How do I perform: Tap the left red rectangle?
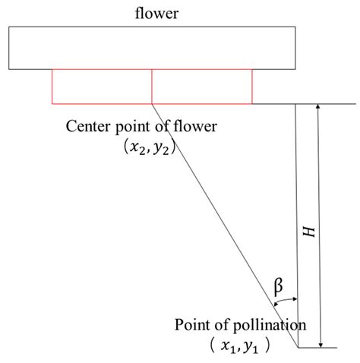pyautogui.click(x=102, y=85)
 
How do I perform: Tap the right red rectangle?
pyautogui.click(x=202, y=85)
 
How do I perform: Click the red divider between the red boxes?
pyautogui.click(x=152, y=85)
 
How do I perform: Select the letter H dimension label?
pyautogui.click(x=308, y=232)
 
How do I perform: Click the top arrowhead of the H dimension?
pyautogui.click(x=319, y=108)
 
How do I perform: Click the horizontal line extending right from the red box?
pyautogui.click(x=304, y=103)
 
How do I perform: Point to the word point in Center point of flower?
pyautogui.click(x=131, y=125)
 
